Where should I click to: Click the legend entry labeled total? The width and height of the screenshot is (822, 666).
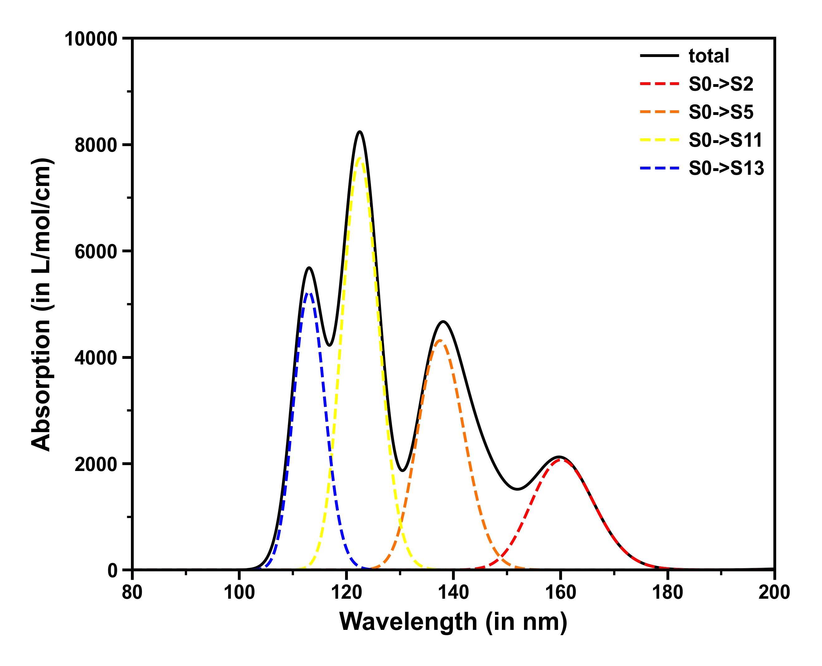pyautogui.click(x=708, y=56)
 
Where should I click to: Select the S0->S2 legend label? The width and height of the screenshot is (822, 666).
pyautogui.click(x=721, y=84)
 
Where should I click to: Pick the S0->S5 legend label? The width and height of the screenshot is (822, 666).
pyautogui.click(x=721, y=112)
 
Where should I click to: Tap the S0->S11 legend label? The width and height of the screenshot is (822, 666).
pyautogui.click(x=725, y=140)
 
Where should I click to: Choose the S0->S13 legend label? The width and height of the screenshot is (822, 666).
pyautogui.click(x=726, y=168)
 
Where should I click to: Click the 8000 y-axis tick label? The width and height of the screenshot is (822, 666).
pyautogui.click(x=96, y=145)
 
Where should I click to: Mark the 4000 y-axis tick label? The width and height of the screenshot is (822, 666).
pyautogui.click(x=96, y=358)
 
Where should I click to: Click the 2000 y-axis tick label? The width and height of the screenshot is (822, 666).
pyautogui.click(x=96, y=464)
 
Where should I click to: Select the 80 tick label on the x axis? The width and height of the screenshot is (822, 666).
pyautogui.click(x=132, y=592)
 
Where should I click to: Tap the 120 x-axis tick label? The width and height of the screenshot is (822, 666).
pyautogui.click(x=346, y=592)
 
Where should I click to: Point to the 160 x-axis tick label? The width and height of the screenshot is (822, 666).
pyautogui.click(x=560, y=592)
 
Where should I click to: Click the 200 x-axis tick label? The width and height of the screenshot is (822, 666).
pyautogui.click(x=774, y=592)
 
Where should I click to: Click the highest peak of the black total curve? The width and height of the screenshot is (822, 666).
pyautogui.click(x=359, y=131)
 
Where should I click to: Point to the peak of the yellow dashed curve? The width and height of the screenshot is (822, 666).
pyautogui.click(x=359, y=158)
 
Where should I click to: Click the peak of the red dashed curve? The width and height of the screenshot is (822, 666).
pyautogui.click(x=560, y=459)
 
